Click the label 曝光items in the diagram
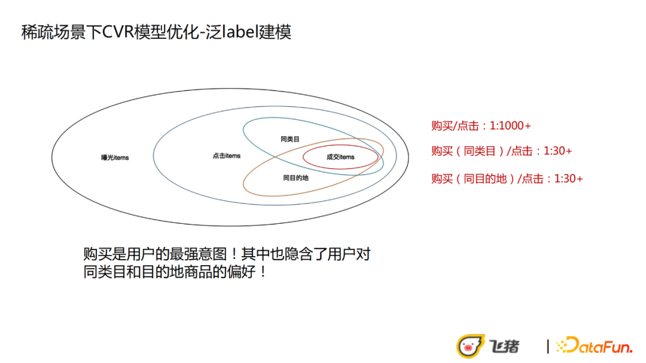(115, 158)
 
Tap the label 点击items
(226, 156)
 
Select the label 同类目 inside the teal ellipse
(290, 139)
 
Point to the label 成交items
(340, 157)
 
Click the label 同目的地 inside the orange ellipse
(295, 178)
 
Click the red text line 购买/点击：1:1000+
(481, 126)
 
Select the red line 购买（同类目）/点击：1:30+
(501, 151)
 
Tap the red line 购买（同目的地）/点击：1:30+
(507, 179)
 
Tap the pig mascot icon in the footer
(470, 346)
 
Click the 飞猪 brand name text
(505, 346)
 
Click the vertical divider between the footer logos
(547, 346)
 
